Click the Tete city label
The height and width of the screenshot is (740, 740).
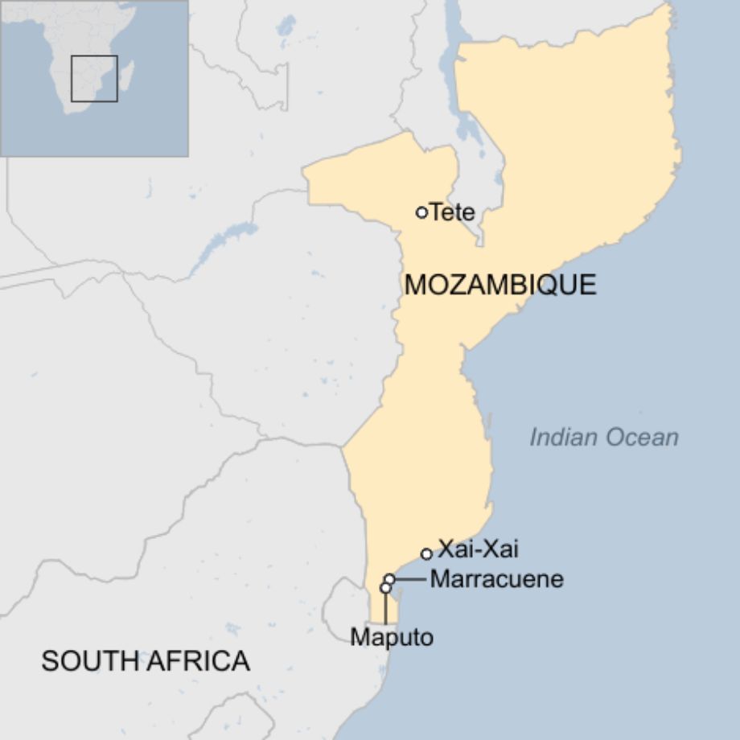(x=453, y=212)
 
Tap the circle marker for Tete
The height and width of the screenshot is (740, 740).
(x=421, y=212)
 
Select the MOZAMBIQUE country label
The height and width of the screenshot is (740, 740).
(x=500, y=285)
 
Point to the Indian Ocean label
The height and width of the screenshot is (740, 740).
(x=604, y=438)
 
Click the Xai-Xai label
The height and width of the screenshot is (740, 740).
(x=478, y=550)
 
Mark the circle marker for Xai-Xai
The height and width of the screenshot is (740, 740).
(x=426, y=553)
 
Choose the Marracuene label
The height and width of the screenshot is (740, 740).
(x=496, y=579)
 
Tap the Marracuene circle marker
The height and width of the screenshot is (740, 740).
(x=389, y=579)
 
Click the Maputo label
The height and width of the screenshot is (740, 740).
(x=392, y=638)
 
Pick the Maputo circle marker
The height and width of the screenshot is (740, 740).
(x=385, y=589)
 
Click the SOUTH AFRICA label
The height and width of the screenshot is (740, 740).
(x=146, y=661)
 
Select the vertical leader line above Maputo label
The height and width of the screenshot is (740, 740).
(x=385, y=609)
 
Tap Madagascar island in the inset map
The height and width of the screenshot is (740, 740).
(x=126, y=74)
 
